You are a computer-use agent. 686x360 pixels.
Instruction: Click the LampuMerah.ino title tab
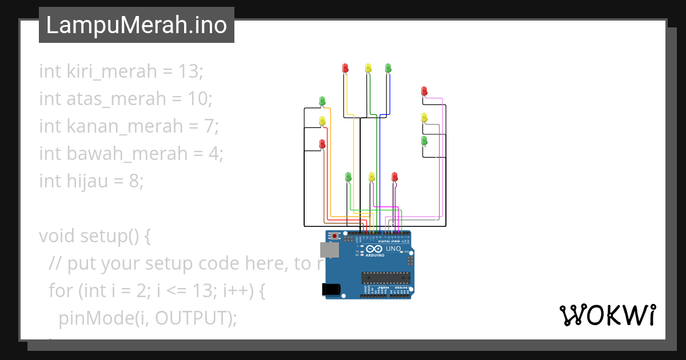click(x=136, y=25)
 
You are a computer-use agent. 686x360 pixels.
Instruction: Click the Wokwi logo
click(x=607, y=315)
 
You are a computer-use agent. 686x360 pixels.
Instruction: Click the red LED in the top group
click(x=345, y=68)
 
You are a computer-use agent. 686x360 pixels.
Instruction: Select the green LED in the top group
click(x=388, y=68)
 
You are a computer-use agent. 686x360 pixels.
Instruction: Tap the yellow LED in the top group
click(x=368, y=68)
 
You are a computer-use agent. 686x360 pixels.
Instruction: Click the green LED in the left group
click(x=322, y=101)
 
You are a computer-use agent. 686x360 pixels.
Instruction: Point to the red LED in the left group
click(x=322, y=143)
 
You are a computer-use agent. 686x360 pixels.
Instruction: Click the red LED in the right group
click(x=424, y=91)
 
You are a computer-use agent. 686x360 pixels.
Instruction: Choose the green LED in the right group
click(x=424, y=140)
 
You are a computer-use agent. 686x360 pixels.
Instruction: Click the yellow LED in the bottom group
click(x=372, y=177)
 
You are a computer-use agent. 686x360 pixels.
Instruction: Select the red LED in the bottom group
click(x=394, y=177)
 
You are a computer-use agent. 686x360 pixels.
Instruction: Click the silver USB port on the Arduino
click(x=329, y=250)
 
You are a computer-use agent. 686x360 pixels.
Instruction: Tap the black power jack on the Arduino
click(x=331, y=290)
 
